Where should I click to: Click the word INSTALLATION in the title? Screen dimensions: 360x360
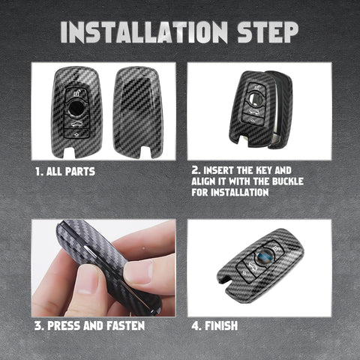coord(143,31)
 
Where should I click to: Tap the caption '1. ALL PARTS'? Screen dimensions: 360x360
coord(64,171)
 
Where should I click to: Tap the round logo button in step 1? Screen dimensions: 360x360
coord(77,107)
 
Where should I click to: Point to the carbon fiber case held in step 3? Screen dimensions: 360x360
coord(105,262)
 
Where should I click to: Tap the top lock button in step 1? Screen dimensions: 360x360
coord(77,93)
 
